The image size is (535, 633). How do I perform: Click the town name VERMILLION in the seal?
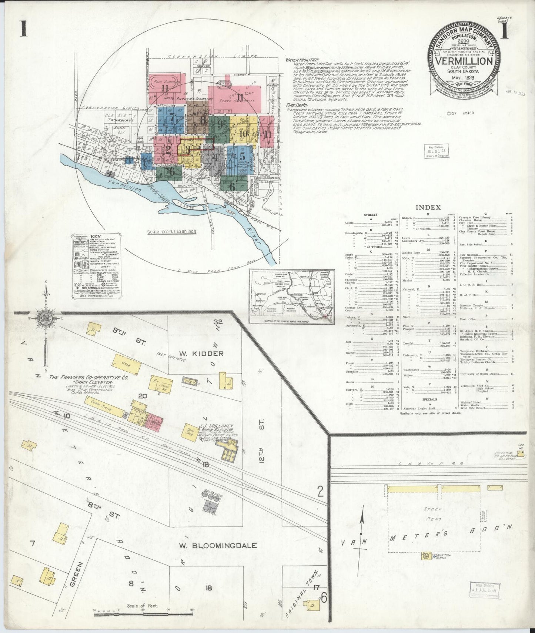pyautogui.click(x=465, y=61)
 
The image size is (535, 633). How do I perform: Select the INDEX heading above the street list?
pyautogui.click(x=428, y=208)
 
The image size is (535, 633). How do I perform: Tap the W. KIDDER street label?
pyautogui.click(x=203, y=354)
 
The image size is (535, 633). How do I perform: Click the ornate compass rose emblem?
pyautogui.click(x=46, y=318)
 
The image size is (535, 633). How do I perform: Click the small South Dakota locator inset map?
pyautogui.click(x=291, y=296)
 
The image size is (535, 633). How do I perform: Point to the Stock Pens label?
pyautogui.click(x=433, y=515)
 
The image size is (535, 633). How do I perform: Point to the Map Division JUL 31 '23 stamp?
pyautogui.click(x=436, y=151)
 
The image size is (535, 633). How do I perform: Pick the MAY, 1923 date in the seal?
pyautogui.click(x=465, y=78)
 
